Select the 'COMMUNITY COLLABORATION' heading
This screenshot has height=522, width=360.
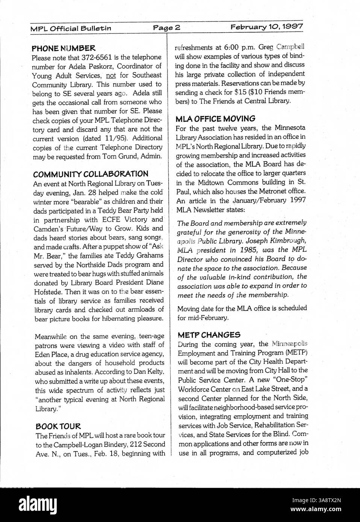(91, 174)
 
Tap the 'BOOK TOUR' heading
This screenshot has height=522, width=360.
(58, 427)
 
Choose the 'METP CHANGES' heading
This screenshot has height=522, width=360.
(209, 335)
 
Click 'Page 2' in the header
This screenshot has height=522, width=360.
(167, 27)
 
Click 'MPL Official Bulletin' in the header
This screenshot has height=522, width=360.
(71, 28)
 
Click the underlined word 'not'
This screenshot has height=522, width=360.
(112, 75)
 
